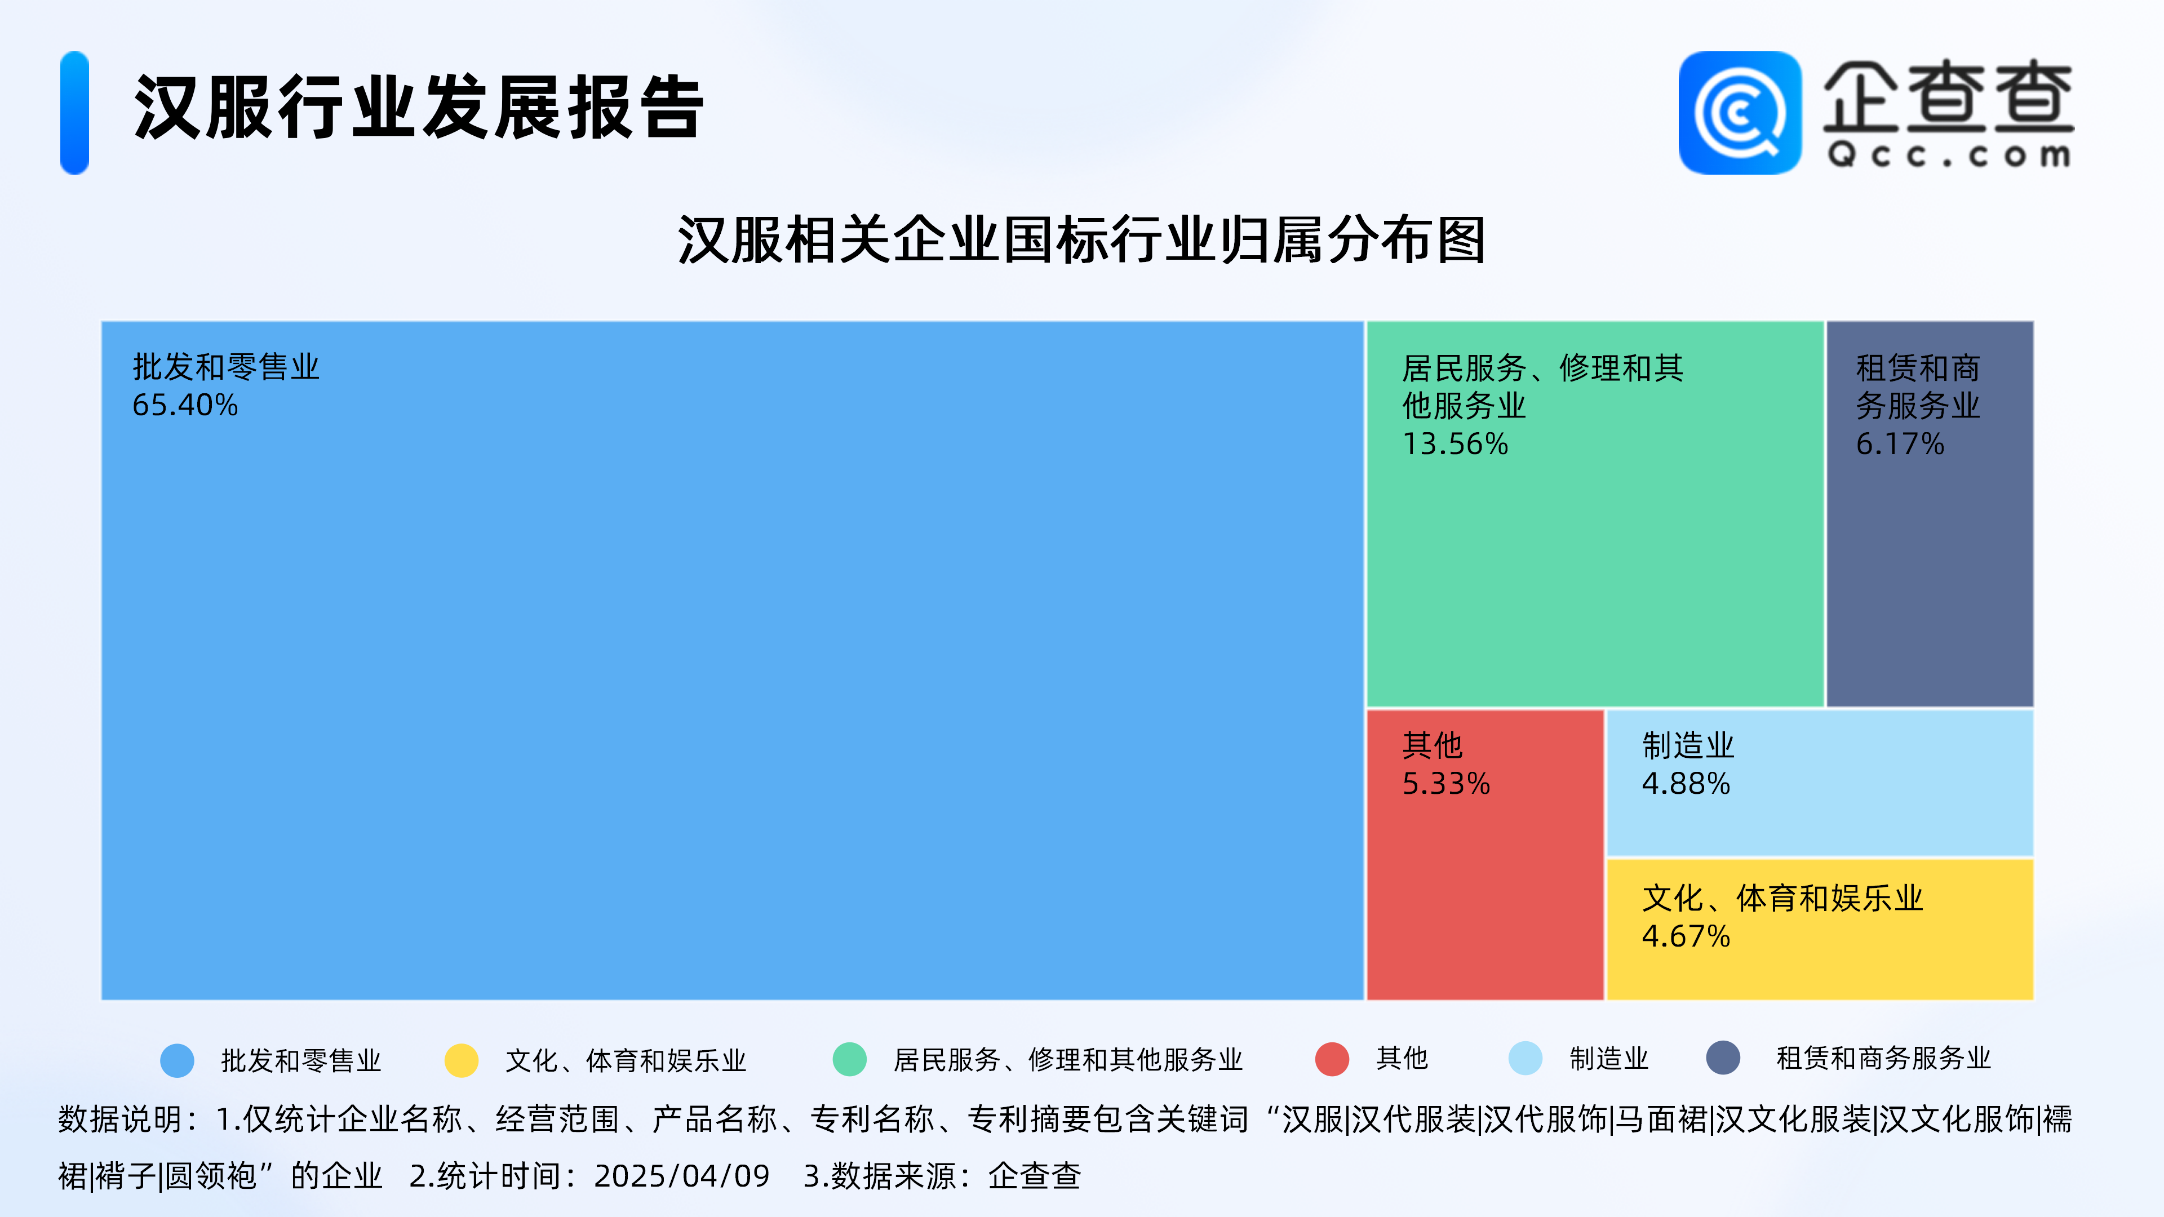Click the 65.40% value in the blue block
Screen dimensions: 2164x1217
pyautogui.click(x=185, y=406)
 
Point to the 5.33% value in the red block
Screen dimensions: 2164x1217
pyautogui.click(x=1445, y=784)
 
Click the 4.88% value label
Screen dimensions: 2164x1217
pyautogui.click(x=1686, y=784)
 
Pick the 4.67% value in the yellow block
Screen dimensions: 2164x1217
pyautogui.click(x=1686, y=936)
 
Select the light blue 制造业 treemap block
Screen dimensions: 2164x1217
pyautogui.click(x=1820, y=783)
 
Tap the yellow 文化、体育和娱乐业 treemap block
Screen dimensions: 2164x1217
pyautogui.click(x=1820, y=929)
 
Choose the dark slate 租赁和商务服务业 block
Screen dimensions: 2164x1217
pyautogui.click(x=1930, y=514)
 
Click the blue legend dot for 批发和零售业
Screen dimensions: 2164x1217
pyautogui.click(x=178, y=1060)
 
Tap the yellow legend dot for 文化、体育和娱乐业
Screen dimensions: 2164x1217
pyautogui.click(x=461, y=1060)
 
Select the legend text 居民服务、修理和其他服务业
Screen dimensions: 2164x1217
pyautogui.click(x=1068, y=1060)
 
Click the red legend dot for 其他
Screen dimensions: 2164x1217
pyautogui.click(x=1332, y=1059)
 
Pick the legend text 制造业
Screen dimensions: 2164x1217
pyautogui.click(x=1609, y=1058)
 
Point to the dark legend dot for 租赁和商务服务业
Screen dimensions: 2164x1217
pyautogui.click(x=1723, y=1058)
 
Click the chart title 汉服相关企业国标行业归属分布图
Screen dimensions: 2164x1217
pyautogui.click(x=1082, y=240)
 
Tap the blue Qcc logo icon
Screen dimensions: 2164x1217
pyautogui.click(x=1740, y=113)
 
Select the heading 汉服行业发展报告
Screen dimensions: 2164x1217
pyautogui.click(x=418, y=108)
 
